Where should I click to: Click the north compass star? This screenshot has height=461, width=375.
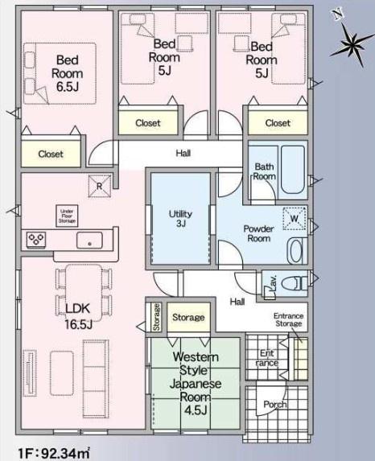(352, 44)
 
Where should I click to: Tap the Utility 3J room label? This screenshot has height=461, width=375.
(180, 219)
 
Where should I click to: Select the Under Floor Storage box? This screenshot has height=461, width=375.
(67, 216)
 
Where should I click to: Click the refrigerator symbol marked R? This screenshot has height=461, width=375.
(100, 186)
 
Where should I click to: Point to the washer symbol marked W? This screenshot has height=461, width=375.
(294, 219)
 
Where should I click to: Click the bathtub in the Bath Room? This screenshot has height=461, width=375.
(293, 169)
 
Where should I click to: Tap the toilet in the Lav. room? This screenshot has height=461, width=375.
(294, 284)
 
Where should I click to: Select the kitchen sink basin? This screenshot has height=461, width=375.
(89, 241)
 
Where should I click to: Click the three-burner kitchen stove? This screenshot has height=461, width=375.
(36, 239)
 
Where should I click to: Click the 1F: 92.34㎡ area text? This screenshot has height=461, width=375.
(54, 453)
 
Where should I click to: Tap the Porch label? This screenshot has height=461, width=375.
(275, 405)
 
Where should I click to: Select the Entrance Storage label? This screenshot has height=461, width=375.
(288, 319)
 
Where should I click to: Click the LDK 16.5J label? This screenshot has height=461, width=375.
(78, 316)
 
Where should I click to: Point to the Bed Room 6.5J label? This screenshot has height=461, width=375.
(68, 73)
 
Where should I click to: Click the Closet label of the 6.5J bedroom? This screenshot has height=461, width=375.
(51, 154)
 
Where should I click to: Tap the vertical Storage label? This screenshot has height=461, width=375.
(156, 317)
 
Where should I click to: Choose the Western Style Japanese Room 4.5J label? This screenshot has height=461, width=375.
(196, 384)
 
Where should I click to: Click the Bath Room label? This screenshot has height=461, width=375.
(265, 171)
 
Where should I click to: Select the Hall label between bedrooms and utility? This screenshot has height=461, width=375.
(183, 153)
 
